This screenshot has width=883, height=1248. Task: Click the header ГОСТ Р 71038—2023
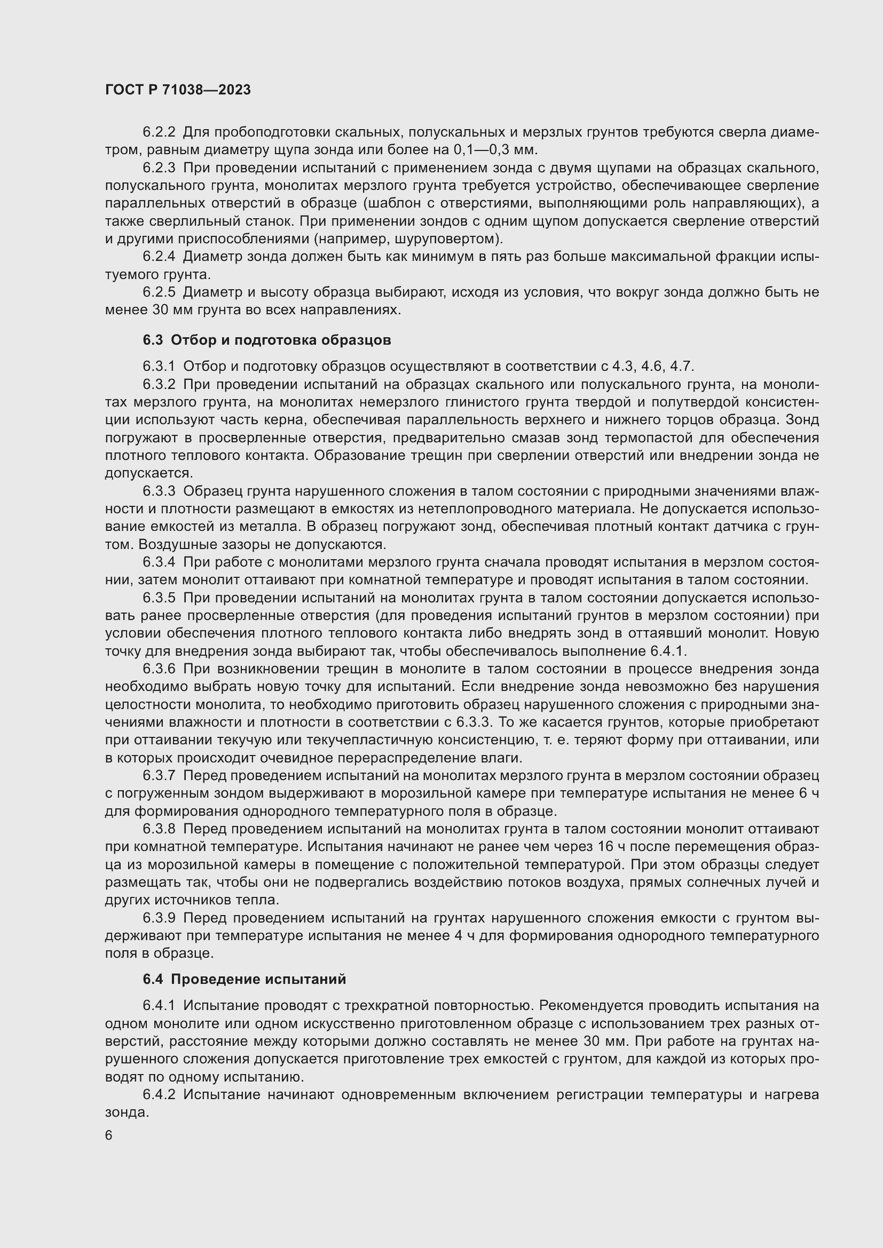178,90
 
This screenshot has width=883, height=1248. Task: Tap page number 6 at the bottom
109,1135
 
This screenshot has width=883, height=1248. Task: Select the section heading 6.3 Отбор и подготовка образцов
266,340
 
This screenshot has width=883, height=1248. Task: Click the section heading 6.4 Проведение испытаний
244,979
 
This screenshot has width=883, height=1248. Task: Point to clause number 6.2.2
159,132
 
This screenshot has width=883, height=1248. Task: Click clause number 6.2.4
159,257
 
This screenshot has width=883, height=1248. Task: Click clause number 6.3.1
159,367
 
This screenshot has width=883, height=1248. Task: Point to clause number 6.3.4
159,562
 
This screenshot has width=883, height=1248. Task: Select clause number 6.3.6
159,669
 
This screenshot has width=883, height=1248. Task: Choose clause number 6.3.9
159,918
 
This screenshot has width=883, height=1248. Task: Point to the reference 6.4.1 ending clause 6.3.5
668,651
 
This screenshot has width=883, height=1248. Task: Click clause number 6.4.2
159,1095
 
